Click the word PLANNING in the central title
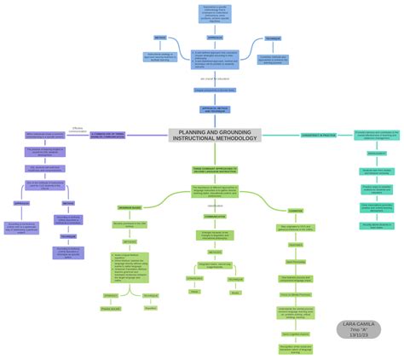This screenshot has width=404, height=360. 191,132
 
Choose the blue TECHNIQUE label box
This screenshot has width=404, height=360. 271,39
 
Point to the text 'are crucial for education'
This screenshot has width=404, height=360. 216,78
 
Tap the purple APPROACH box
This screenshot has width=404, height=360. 22,203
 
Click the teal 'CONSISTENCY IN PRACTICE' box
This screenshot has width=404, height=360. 320,135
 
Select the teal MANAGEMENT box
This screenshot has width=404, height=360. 376,154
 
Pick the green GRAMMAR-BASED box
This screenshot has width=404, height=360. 130,207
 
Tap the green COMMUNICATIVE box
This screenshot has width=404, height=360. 215,216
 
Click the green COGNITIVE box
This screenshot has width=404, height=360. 295,210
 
